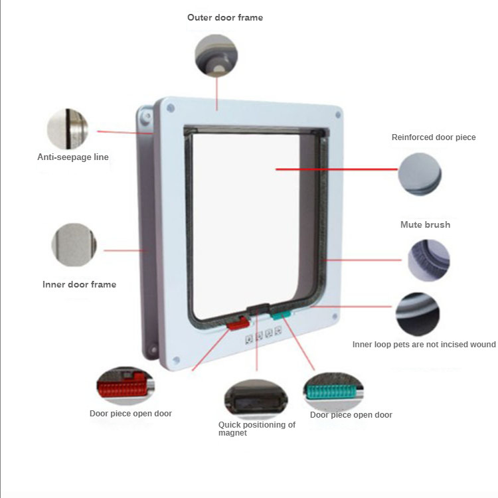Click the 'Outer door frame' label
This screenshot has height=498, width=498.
click(225, 18)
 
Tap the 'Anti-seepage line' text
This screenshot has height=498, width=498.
click(73, 157)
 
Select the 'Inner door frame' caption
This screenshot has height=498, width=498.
click(79, 285)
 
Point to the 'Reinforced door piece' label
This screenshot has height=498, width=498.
click(434, 137)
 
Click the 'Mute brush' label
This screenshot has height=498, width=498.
click(425, 225)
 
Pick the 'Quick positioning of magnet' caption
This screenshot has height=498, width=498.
click(256, 428)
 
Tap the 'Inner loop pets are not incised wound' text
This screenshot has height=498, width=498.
click(424, 345)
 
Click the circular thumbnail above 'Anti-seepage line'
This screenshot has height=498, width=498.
click(67, 129)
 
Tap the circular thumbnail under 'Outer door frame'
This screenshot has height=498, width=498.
click(215, 54)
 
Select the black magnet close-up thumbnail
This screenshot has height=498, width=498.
click(256, 399)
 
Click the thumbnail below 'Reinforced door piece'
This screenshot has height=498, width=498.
click(420, 175)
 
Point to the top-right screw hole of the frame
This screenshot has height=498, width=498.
click(339, 114)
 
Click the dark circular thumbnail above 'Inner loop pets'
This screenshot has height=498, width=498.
click(418, 314)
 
